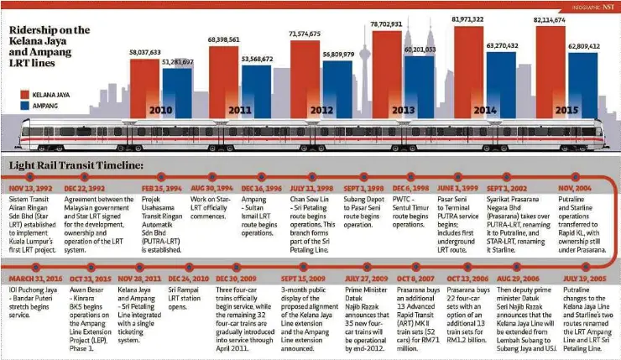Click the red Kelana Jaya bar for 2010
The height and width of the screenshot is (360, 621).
(144, 84)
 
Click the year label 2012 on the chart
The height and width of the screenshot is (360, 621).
(322, 110)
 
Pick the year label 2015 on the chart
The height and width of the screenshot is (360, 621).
(567, 110)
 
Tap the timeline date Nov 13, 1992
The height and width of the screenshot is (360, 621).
(31, 189)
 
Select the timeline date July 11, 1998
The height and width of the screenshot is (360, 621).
(312, 189)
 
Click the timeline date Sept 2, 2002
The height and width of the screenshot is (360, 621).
(507, 189)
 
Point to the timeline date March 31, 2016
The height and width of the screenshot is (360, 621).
(35, 278)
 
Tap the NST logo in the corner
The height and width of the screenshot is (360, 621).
(603, 6)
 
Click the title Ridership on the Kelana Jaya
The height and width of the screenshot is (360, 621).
(50, 30)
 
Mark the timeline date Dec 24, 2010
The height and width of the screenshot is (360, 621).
(188, 278)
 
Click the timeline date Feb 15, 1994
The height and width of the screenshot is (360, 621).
(161, 189)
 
